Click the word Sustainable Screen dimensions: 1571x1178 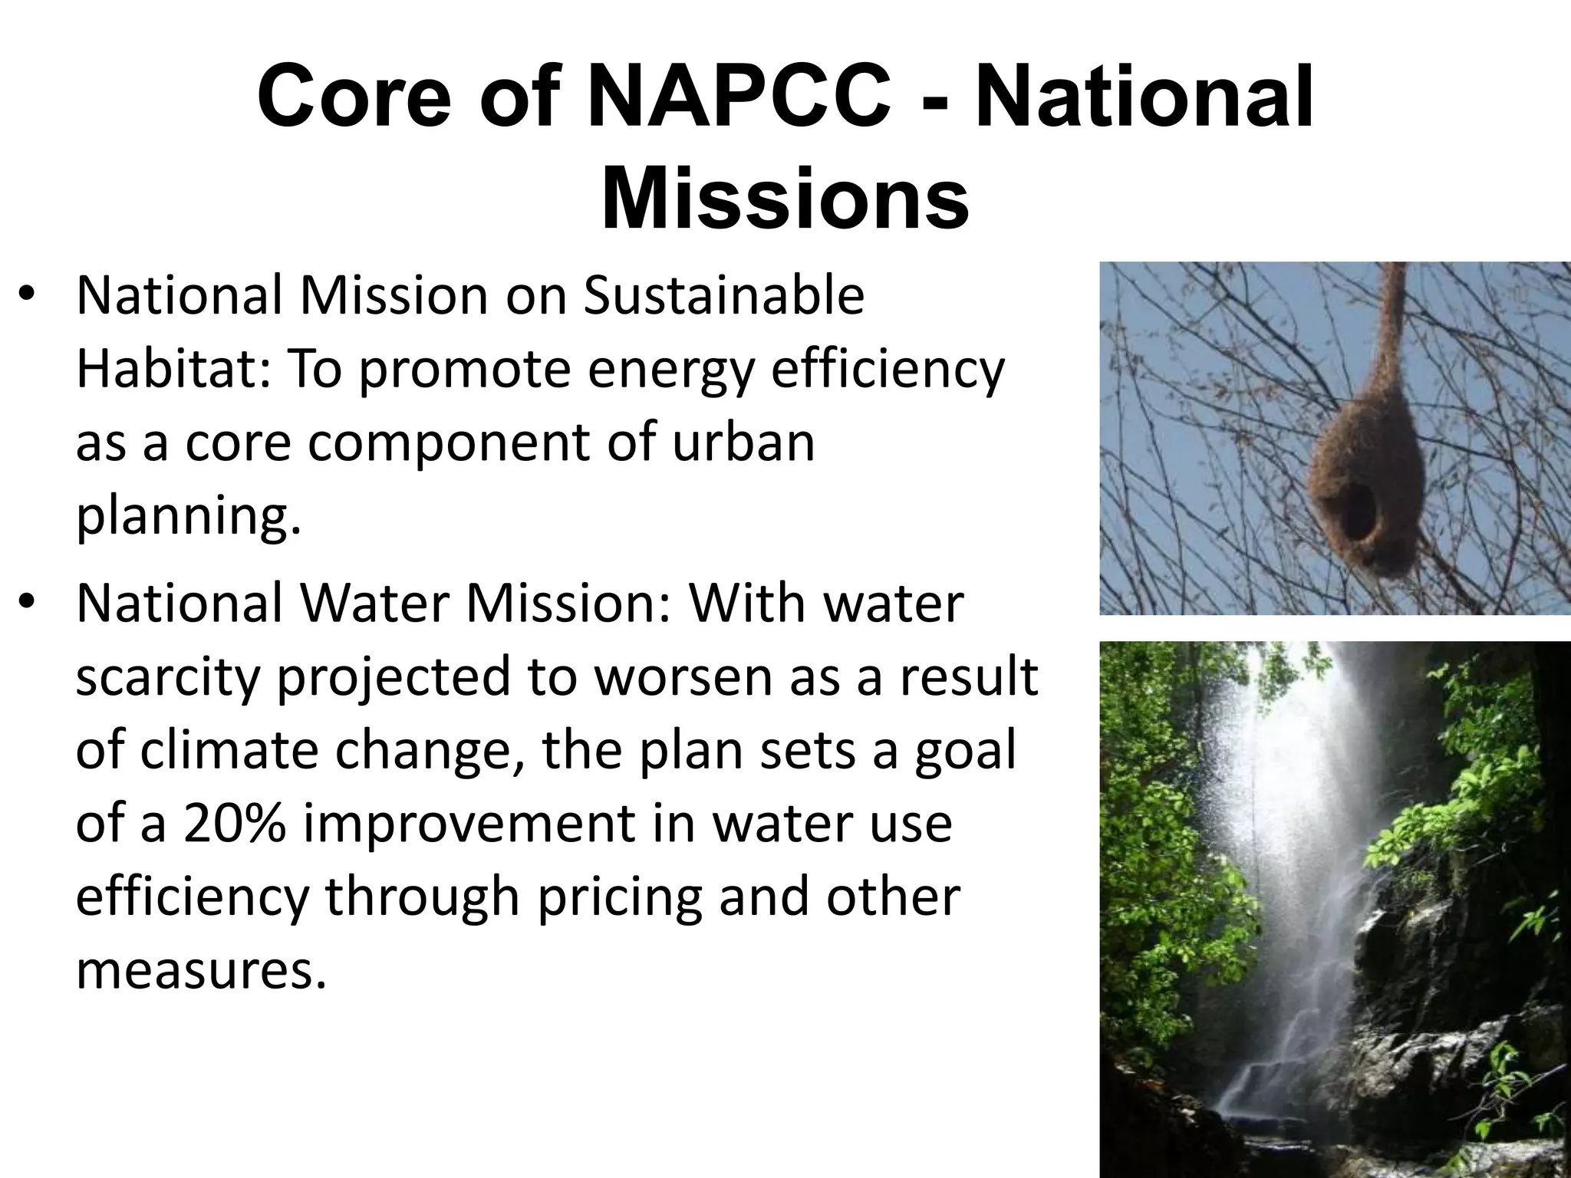point(723,296)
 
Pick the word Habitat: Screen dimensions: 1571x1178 point(173,370)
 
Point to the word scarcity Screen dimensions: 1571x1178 point(168,677)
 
